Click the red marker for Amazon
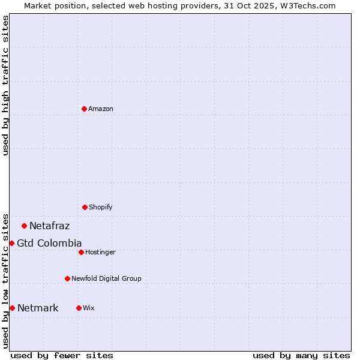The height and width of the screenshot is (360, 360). pos(84,109)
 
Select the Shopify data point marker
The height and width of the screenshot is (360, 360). pos(85,207)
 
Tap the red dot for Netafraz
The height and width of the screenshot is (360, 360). pos(24,226)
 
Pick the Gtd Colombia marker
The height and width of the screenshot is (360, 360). pos(11,243)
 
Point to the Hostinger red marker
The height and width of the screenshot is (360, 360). pos(81,252)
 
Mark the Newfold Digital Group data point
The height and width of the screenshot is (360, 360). pos(67,278)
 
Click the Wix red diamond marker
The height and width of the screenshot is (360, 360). pos(79,308)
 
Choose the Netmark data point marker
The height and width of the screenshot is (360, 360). pos(12,308)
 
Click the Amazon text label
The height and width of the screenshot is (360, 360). pos(101,109)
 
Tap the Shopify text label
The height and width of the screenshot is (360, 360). pos(101,207)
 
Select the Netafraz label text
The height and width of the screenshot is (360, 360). pos(49,226)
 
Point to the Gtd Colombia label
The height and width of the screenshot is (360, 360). pos(49,243)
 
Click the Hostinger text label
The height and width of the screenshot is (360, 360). pos(100,252)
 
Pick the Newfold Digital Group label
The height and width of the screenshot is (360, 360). pos(106,278)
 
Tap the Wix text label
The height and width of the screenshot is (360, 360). pos(89,308)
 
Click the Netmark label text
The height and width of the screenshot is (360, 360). pos(38,308)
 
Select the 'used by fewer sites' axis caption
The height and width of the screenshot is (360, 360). pos(62,355)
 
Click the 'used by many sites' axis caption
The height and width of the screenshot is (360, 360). pos(301,355)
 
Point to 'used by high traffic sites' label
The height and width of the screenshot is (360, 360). pos(5,85)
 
